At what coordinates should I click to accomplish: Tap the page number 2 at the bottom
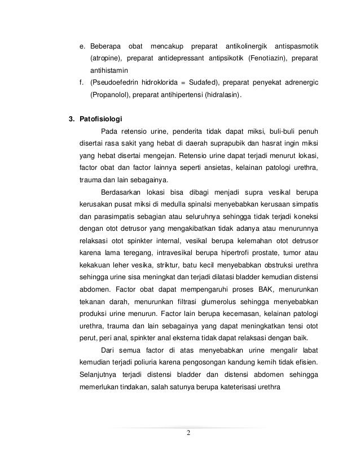[188, 433]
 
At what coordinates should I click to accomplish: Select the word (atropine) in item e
[106, 58]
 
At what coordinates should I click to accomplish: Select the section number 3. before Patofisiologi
[71, 119]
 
